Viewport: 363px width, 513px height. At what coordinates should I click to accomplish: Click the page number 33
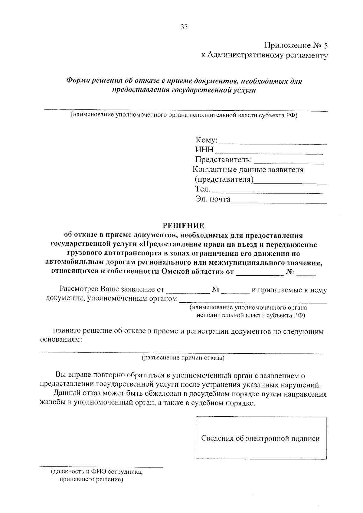click(x=184, y=27)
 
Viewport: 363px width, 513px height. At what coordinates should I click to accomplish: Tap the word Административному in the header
click(x=246, y=55)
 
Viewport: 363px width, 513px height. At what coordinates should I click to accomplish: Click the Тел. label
click(x=202, y=189)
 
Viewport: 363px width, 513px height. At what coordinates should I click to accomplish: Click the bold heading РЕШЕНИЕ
click(x=184, y=226)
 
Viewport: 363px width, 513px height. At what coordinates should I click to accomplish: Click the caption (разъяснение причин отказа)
click(x=183, y=358)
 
